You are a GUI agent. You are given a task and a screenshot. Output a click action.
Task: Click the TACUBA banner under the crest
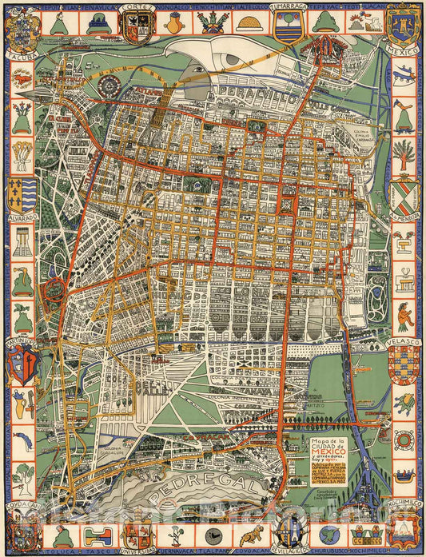pyautogui.click(x=22, y=57)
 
